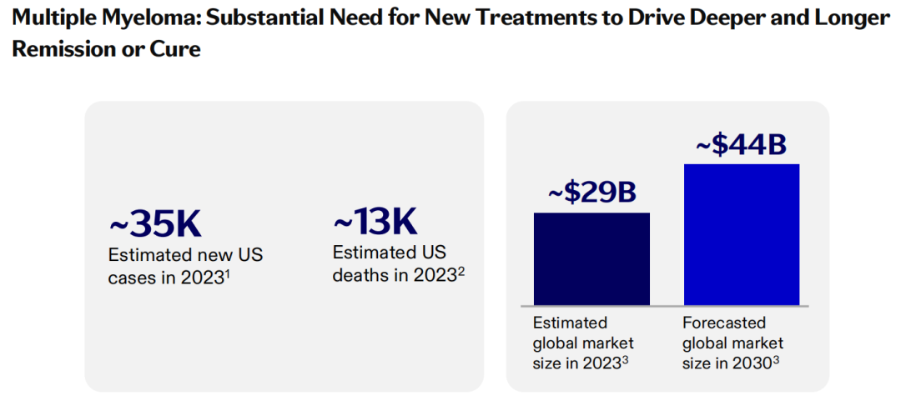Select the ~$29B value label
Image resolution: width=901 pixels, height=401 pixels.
pyautogui.click(x=591, y=193)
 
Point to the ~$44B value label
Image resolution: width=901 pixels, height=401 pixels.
pyautogui.click(x=742, y=145)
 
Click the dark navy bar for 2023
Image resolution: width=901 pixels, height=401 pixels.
pyautogui.click(x=591, y=258)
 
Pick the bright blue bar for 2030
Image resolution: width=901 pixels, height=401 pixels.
pyautogui.click(x=742, y=234)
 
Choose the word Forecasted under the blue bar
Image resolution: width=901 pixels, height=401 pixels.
pyautogui.click(x=724, y=323)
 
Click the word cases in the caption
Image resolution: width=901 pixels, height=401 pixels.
pyautogui.click(x=131, y=278)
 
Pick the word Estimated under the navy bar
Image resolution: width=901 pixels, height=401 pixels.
pyautogui.click(x=570, y=323)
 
